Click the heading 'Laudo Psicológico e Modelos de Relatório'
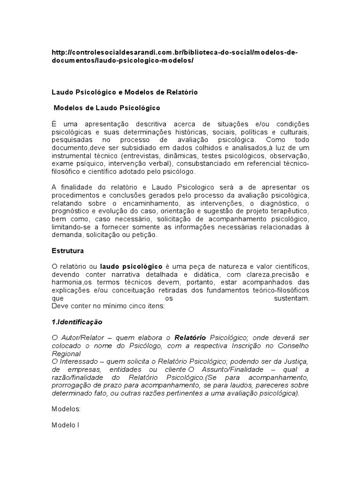click(125, 92)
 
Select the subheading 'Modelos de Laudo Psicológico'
click(107, 108)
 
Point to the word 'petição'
click(147, 235)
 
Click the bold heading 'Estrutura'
click(67, 250)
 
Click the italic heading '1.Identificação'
click(77, 322)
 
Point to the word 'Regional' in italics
click(66, 354)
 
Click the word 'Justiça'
click(294, 361)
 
